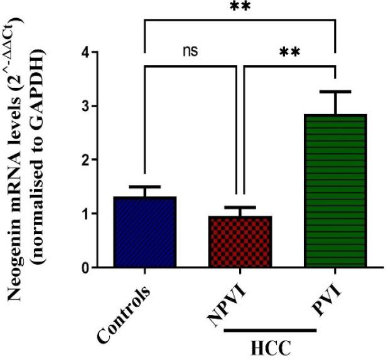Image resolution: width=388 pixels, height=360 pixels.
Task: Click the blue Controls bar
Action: coord(144,232)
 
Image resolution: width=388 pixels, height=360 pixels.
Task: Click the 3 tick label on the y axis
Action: coord(93,106)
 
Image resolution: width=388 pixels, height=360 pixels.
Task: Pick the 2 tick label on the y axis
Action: coord(93,160)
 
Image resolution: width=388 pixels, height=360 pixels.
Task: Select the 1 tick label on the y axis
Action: coord(93,214)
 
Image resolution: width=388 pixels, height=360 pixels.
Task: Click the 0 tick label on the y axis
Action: coord(93,268)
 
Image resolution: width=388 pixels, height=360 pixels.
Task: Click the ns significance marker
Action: coord(191,51)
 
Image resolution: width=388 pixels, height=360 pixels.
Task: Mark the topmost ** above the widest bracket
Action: coord(240,8)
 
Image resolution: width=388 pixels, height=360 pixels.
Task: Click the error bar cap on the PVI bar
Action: coord(335,92)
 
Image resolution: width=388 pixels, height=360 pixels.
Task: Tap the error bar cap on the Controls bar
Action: coord(144,187)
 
